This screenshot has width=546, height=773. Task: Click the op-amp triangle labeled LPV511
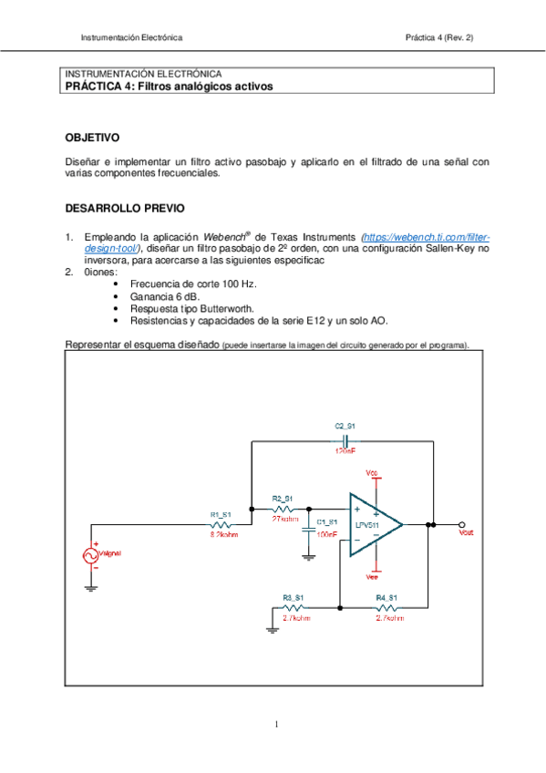(375, 524)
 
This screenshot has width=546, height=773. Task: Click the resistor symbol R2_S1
(282, 509)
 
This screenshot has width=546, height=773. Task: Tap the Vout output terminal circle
(463, 524)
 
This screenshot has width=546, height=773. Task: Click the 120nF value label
(345, 450)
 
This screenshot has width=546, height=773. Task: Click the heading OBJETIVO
(92, 138)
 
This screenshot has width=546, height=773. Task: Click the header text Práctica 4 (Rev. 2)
(439, 37)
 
